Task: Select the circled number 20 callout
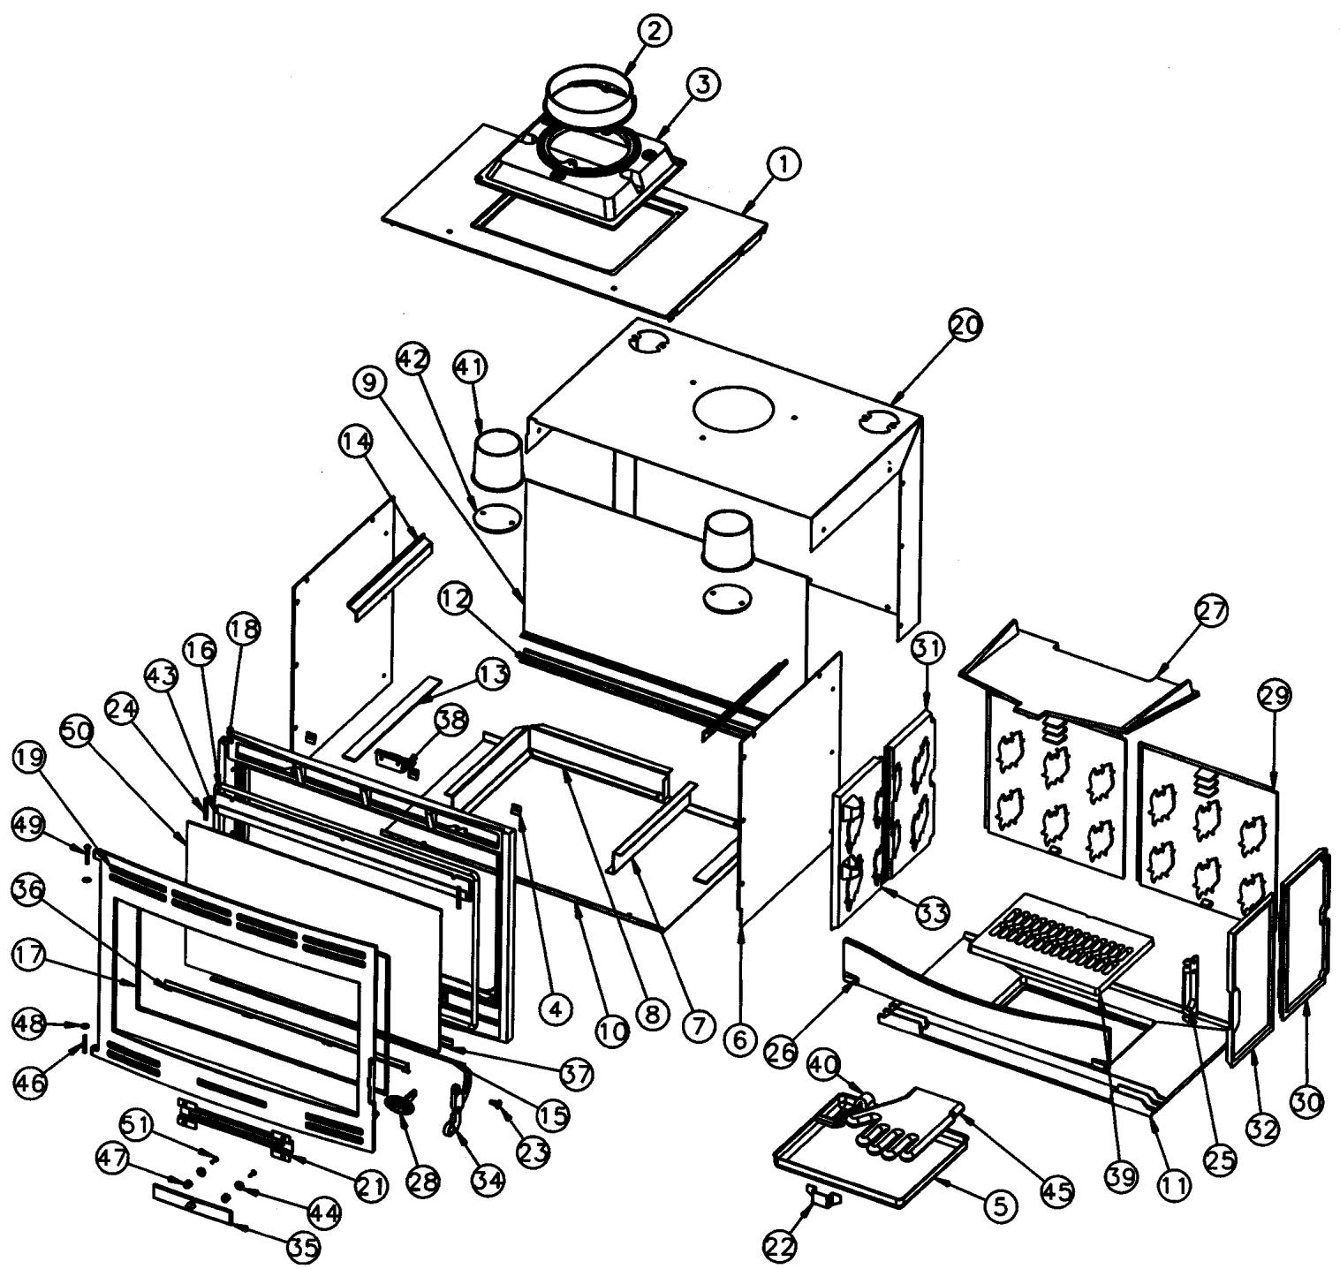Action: coord(965,327)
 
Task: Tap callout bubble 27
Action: coord(1212,611)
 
